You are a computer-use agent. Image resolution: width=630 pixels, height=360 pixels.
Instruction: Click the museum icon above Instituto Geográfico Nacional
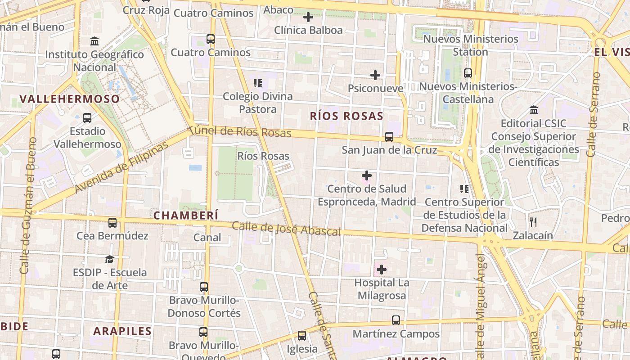(94, 41)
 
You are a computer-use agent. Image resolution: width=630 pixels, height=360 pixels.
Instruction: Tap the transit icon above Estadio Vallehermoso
(87, 118)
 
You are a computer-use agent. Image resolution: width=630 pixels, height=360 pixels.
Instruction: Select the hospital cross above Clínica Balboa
(308, 18)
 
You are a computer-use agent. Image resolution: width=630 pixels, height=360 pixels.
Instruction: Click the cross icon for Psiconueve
(375, 75)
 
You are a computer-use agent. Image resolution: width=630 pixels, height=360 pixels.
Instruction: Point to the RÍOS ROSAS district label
(346, 116)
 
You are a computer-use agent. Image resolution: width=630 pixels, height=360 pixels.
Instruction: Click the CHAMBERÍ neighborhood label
(186, 216)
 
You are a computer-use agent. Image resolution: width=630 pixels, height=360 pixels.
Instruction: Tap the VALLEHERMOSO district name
(70, 99)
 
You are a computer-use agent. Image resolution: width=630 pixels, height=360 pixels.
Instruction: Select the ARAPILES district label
(122, 331)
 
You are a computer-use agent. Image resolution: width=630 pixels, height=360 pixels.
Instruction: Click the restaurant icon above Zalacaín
(533, 222)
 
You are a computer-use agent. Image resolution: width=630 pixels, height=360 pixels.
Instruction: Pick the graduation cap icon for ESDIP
(109, 259)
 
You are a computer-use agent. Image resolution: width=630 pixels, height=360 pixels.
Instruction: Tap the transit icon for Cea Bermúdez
(112, 222)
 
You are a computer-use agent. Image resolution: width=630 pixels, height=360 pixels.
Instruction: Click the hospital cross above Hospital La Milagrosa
(381, 270)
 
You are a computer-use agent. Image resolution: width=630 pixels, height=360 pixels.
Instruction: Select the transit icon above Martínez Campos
(396, 320)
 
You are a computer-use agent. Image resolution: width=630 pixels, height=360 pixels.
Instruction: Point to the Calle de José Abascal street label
(286, 228)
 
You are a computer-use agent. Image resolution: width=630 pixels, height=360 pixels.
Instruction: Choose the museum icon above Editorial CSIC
(534, 110)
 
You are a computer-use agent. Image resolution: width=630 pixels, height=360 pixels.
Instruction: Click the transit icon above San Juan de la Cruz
(389, 136)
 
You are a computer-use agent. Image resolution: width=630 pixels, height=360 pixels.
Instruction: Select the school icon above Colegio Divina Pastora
(258, 83)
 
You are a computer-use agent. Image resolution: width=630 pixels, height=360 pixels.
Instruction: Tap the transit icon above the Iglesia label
(302, 336)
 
